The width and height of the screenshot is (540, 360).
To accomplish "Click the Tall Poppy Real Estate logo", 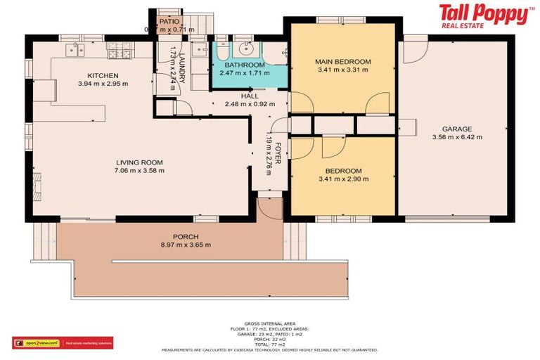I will [485, 15].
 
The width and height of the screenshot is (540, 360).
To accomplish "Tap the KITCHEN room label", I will [103, 75].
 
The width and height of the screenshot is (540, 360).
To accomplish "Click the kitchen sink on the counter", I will [75, 49].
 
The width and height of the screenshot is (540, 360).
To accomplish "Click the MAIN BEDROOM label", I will [343, 62].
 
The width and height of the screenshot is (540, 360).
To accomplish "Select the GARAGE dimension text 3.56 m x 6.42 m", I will [457, 137].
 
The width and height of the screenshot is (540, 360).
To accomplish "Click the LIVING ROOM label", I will [140, 162].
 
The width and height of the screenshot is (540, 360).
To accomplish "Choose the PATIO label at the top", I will [169, 22].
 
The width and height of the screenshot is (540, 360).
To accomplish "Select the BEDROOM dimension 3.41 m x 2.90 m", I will [343, 179].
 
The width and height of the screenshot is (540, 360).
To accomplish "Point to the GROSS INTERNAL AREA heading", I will [269, 323].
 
